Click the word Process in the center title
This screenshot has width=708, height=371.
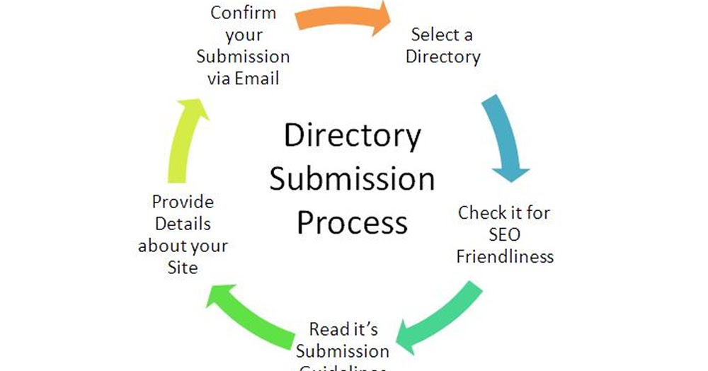pos(352,222)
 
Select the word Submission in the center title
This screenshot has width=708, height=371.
pos(352,179)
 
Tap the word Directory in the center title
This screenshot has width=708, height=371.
pos(352,135)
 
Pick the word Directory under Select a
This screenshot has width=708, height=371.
pos(442,57)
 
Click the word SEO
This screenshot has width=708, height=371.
pos(504,234)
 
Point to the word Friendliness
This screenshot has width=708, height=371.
pos(504,256)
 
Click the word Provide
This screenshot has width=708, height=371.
pos(183,202)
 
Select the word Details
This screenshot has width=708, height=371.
pos(183,224)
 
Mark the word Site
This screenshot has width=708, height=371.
pos(183,268)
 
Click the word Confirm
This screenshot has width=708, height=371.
pos(243,13)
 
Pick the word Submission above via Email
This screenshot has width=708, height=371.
pos(243,57)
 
